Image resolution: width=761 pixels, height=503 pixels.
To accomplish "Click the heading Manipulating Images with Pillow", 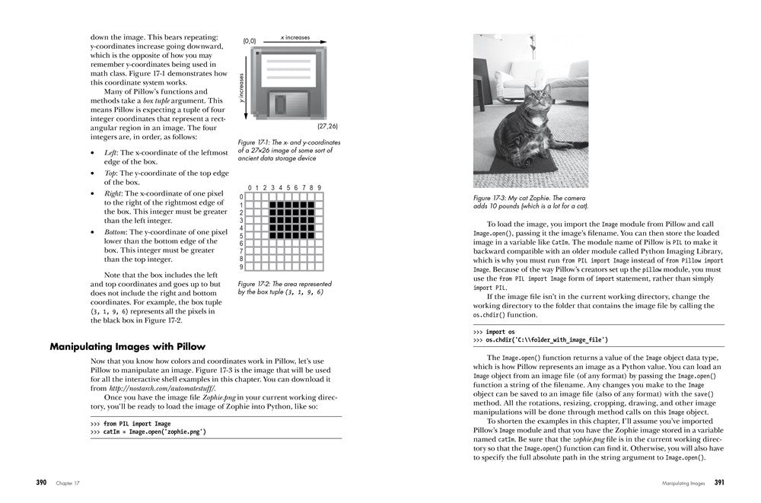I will [x=127, y=346].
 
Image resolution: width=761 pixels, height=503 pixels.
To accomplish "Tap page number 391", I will [x=719, y=482].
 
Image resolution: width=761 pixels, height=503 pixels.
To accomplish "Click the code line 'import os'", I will [x=500, y=332].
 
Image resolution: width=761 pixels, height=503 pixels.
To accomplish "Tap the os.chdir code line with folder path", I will [x=545, y=340].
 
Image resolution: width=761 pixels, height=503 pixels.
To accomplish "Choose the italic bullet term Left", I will [x=110, y=152].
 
